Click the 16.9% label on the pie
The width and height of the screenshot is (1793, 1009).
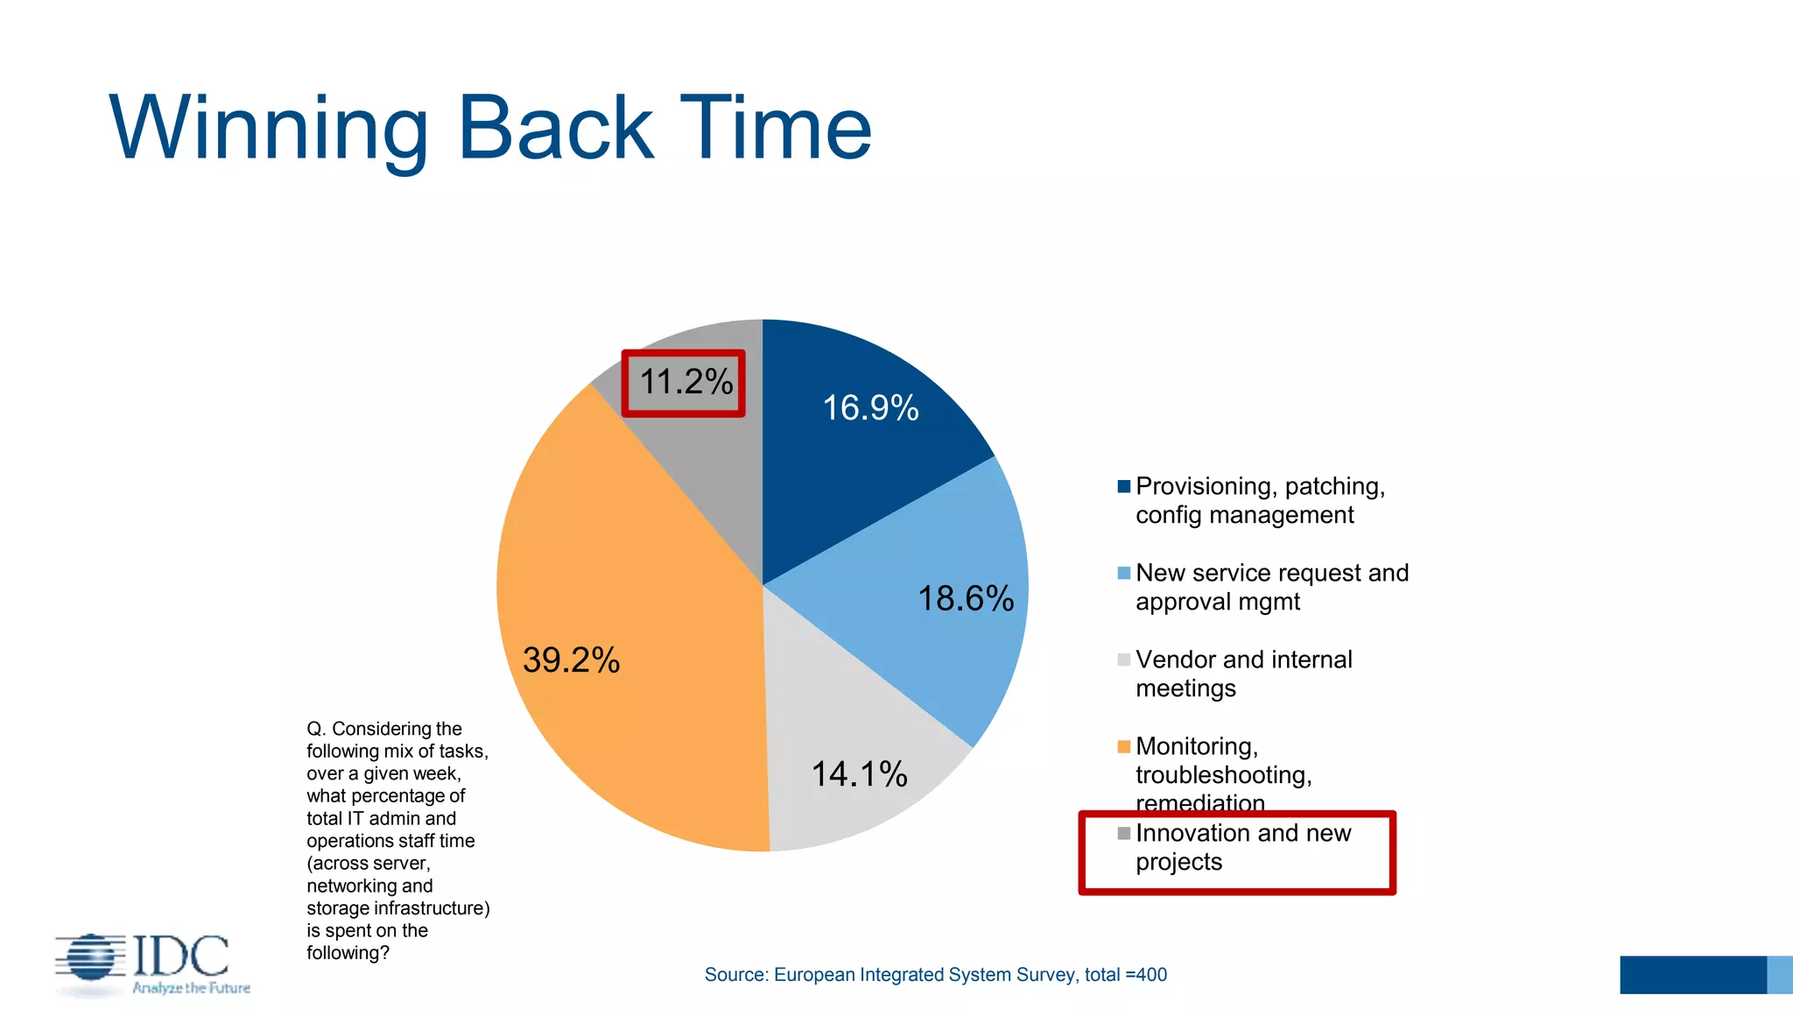click(x=870, y=408)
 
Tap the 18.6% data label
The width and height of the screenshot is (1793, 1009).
click(x=966, y=599)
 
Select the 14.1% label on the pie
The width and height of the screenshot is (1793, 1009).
click(x=859, y=774)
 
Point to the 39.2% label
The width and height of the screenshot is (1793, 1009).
click(x=571, y=660)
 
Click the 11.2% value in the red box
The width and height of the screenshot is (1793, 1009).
click(x=686, y=382)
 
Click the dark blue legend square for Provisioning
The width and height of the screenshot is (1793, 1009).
click(x=1124, y=487)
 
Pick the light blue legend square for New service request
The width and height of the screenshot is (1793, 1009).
click(x=1124, y=574)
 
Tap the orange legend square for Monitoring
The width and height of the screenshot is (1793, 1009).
click(x=1124, y=747)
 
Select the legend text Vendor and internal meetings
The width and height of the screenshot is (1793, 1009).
click(x=1243, y=674)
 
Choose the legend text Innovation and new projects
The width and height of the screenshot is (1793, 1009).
click(x=1243, y=847)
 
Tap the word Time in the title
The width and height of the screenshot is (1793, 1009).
click(x=776, y=129)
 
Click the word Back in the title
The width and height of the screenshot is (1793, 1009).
click(x=555, y=129)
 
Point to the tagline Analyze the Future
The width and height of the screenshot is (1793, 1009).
click(x=191, y=988)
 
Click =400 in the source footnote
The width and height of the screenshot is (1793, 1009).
click(x=1146, y=975)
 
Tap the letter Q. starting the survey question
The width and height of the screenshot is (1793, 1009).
click(x=316, y=729)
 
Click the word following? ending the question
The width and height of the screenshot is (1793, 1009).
click(x=348, y=953)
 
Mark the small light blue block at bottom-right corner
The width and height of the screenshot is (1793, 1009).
click(x=1780, y=975)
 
